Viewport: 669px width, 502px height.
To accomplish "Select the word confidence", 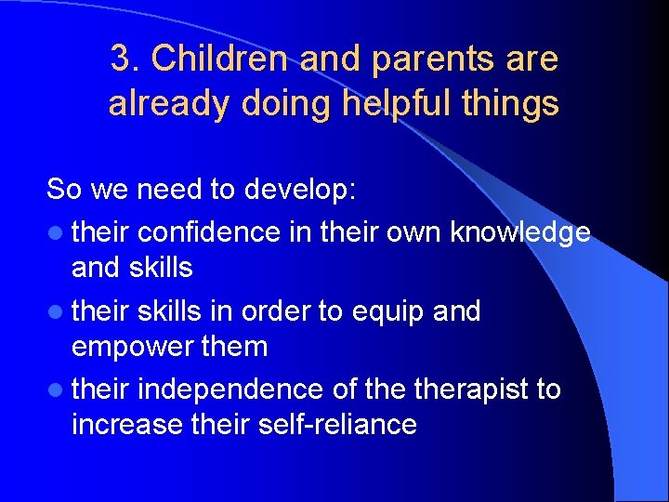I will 208,231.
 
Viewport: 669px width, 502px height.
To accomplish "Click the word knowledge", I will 519,231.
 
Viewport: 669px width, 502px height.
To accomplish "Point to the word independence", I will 229,390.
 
